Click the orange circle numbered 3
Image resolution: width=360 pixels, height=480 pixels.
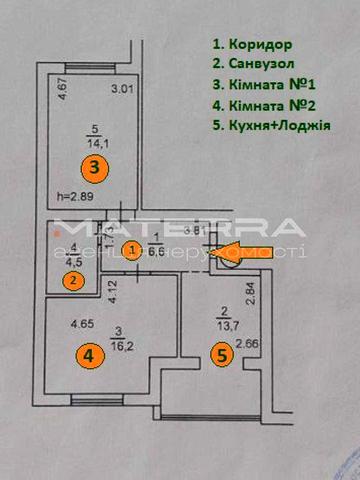pos(93,167)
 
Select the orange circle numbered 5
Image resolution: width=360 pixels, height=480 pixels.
pos(225,354)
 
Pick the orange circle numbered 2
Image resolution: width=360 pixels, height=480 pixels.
pos(74,281)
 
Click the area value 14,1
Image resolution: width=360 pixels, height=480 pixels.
pos(98,140)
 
